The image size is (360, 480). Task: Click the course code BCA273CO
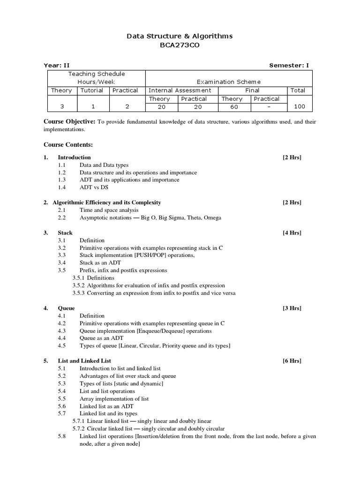tap(180, 45)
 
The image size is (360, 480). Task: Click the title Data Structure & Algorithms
tap(180, 36)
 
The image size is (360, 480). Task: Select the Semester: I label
tap(289, 66)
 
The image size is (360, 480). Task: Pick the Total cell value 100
tap(299, 107)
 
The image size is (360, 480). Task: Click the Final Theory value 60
tap(234, 107)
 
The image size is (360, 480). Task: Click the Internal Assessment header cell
tap(180, 90)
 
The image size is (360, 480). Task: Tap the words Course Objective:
tap(69, 122)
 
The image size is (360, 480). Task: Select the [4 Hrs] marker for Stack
tap(292, 233)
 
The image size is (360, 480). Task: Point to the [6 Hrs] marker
tap(292, 361)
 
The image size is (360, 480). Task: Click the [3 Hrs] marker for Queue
tap(292, 308)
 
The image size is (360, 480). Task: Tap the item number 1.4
tap(62, 187)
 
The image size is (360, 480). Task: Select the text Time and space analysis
tap(109, 210)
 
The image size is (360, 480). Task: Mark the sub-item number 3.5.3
tap(79, 293)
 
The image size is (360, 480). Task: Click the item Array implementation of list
tap(114, 398)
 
